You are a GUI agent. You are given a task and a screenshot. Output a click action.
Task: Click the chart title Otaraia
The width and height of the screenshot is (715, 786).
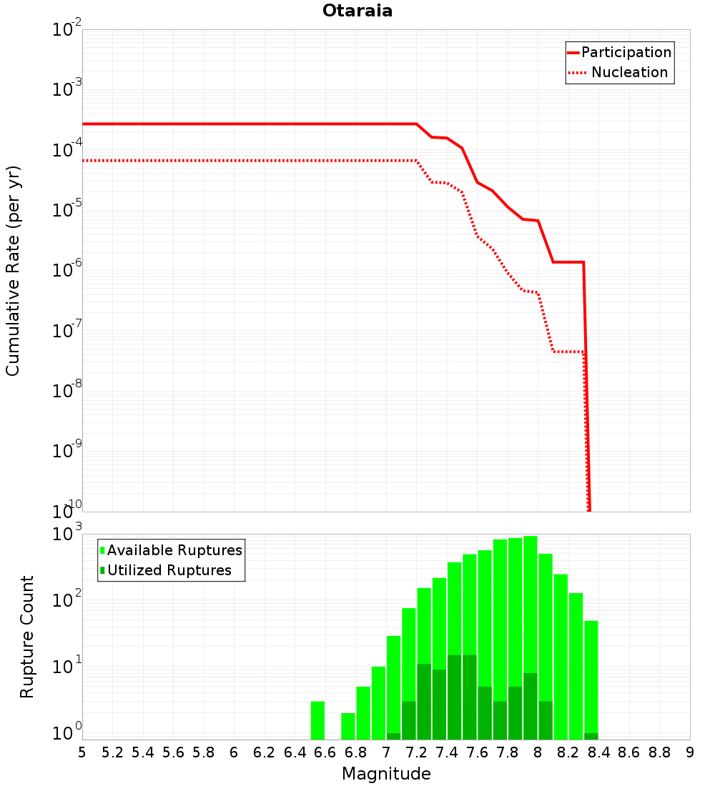click(x=357, y=11)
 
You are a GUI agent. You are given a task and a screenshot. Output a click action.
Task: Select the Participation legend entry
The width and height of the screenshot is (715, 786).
click(x=620, y=52)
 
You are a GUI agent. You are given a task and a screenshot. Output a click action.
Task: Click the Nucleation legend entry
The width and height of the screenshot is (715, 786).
click(x=620, y=72)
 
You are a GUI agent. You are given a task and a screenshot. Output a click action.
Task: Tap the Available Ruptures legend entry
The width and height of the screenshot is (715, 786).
click(x=171, y=550)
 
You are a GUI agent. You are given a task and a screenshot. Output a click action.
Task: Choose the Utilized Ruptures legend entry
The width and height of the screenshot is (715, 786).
click(x=166, y=570)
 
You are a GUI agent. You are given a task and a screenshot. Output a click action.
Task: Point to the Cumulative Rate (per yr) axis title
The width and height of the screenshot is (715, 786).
click(x=13, y=271)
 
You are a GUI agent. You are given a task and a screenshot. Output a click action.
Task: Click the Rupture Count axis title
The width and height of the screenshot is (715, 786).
click(x=26, y=637)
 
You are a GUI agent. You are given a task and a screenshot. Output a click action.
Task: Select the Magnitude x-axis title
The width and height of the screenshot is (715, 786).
click(x=386, y=773)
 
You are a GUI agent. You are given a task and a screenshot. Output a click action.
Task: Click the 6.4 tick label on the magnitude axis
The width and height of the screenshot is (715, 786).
click(x=295, y=752)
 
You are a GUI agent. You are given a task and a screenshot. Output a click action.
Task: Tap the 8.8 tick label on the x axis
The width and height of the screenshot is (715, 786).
click(x=659, y=752)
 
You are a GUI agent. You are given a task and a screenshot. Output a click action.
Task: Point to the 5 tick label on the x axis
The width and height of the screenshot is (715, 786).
click(x=82, y=752)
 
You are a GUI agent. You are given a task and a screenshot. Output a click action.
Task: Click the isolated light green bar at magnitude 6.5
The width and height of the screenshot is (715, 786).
click(x=317, y=720)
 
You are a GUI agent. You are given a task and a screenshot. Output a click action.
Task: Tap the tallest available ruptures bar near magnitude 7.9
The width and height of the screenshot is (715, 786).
click(x=531, y=637)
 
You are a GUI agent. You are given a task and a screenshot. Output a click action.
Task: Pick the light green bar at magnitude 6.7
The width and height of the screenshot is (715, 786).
click(x=348, y=727)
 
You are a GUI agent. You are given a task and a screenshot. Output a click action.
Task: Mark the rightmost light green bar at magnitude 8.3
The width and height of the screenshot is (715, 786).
click(x=591, y=680)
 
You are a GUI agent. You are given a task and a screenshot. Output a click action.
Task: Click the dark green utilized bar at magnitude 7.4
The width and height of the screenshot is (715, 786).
click(x=454, y=697)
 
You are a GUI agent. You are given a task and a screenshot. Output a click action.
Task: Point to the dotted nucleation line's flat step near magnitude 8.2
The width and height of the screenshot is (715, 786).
click(x=568, y=352)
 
